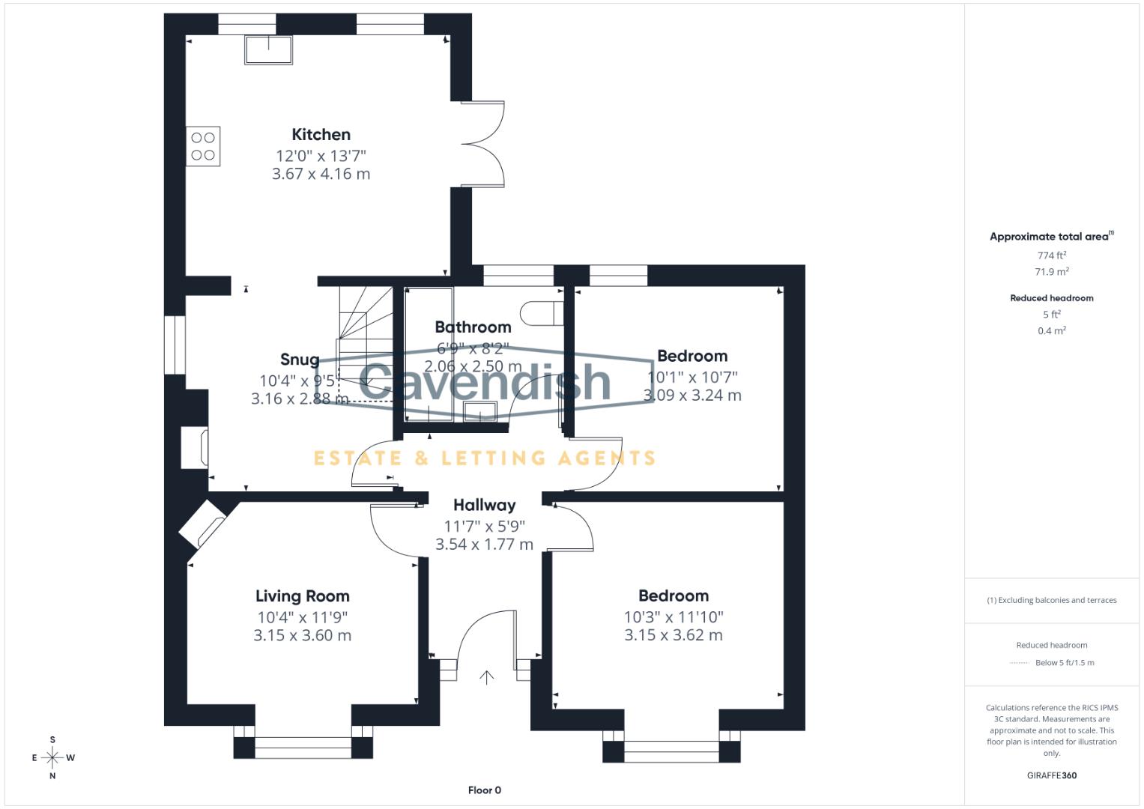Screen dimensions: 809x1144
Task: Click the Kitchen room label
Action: coord(321,135)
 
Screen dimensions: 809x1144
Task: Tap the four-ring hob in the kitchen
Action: coord(203,146)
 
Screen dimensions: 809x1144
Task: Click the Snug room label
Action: coord(300,360)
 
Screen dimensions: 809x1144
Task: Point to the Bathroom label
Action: coord(473,327)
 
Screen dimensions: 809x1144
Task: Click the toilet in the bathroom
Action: coord(541,313)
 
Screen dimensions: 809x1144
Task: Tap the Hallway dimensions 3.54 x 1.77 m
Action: coord(484,545)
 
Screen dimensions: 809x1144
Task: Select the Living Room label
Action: coord(302,596)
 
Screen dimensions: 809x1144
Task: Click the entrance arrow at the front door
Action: coord(487,677)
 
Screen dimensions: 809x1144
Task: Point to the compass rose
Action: coord(52,757)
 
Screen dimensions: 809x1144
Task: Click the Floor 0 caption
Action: coord(484,790)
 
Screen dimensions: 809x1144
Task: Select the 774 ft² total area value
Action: coord(1052,255)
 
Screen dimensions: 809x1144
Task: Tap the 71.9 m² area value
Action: coord(1052,272)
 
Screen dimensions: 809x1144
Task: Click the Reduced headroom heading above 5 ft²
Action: coord(1051,298)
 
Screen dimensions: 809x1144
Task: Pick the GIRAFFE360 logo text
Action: coord(1051,775)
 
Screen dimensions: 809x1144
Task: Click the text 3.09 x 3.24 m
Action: coord(692,396)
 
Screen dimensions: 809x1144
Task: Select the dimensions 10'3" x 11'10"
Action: coord(673,617)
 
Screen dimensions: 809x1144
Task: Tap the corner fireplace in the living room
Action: coord(203,524)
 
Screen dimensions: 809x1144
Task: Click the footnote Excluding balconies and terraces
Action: coord(1051,600)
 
